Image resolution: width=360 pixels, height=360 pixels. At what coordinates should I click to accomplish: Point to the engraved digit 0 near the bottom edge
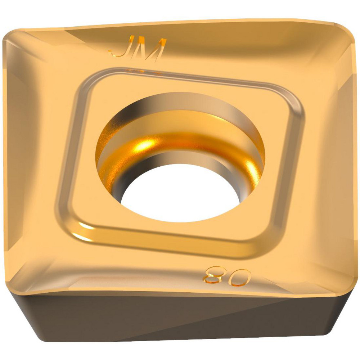click(x=240, y=277)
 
